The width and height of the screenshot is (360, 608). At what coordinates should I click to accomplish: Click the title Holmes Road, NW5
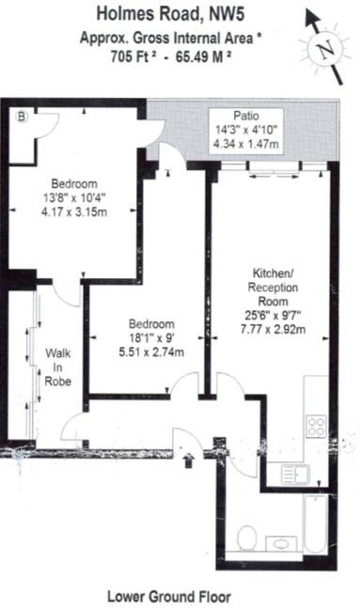(171, 14)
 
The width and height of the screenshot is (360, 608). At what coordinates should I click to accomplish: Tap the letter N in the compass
(325, 50)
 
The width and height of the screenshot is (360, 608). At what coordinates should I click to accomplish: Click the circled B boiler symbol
(23, 116)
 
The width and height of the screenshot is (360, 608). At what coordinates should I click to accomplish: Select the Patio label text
(246, 116)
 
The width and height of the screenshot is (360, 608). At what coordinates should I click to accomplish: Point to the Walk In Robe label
(57, 367)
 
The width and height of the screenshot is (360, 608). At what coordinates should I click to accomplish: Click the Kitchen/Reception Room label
(274, 288)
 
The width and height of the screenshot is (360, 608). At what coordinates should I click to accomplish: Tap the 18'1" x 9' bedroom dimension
(151, 338)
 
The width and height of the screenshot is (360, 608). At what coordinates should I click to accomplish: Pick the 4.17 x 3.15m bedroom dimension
(74, 212)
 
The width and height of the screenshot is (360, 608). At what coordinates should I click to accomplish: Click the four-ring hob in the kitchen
(316, 426)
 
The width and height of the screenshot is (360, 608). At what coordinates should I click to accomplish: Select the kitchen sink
(295, 474)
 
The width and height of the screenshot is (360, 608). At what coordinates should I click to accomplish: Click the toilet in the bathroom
(246, 538)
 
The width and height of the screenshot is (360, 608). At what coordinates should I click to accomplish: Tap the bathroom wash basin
(281, 544)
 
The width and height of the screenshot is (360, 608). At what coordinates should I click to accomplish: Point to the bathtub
(316, 524)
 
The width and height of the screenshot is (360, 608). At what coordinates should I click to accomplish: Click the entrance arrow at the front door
(189, 460)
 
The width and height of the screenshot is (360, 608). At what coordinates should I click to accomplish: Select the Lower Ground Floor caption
(169, 597)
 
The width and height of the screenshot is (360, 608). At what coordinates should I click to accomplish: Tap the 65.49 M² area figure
(204, 57)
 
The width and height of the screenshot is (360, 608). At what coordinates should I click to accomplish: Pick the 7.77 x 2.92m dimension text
(274, 329)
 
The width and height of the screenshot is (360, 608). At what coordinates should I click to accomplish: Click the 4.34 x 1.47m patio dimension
(246, 144)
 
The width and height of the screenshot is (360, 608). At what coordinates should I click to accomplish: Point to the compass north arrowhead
(311, 18)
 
